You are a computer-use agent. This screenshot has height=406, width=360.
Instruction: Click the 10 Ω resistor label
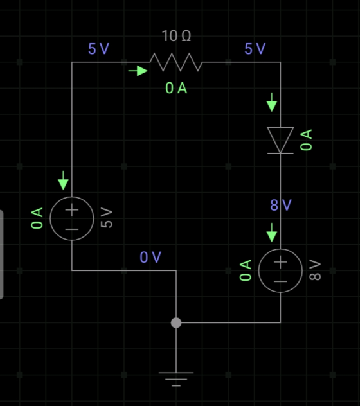click(x=176, y=36)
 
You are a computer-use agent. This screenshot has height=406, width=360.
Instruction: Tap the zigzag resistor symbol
click(x=176, y=62)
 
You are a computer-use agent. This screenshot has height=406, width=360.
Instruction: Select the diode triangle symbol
click(x=280, y=140)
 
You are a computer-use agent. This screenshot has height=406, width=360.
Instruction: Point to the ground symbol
click(x=176, y=379)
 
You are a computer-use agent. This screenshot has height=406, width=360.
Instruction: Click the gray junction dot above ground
click(x=176, y=323)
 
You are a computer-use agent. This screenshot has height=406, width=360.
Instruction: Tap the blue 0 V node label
click(x=150, y=257)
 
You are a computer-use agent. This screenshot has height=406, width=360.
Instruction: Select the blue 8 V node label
click(x=281, y=205)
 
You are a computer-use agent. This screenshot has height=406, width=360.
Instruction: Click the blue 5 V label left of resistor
click(x=99, y=49)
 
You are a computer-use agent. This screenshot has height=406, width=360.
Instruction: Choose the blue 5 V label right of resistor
click(x=255, y=49)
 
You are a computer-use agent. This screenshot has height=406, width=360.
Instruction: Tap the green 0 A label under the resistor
click(x=176, y=88)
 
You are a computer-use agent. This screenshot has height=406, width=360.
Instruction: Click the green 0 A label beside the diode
click(x=306, y=140)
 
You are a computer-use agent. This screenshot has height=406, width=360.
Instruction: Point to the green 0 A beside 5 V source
click(x=37, y=218)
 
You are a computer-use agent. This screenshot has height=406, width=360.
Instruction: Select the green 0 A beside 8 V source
click(x=246, y=270)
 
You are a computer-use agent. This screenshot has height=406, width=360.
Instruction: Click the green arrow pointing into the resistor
click(x=138, y=71)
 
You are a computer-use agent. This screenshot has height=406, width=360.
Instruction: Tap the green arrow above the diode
click(x=272, y=102)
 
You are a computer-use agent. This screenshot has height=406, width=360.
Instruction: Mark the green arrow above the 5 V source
click(x=63, y=181)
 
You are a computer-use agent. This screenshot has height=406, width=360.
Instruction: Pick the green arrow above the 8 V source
click(x=272, y=233)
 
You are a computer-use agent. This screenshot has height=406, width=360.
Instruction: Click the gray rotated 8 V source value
click(x=315, y=270)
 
